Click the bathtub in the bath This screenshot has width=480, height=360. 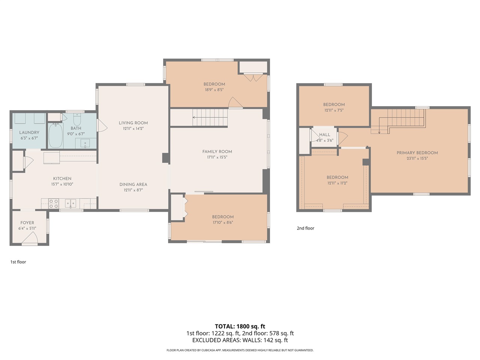tap(56, 135)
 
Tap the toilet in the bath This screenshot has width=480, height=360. tap(77, 119)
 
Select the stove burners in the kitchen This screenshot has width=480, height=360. tap(53, 204)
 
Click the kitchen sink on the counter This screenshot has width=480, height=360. tap(70, 204)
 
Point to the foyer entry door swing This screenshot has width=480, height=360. tap(30, 238)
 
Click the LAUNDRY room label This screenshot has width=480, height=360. tap(29, 132)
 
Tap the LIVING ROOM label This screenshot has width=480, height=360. tap(133, 123)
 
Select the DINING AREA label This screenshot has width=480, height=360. tap(133, 184)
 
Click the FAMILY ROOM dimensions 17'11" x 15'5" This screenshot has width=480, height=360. tap(217, 157)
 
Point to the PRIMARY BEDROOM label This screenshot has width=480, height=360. tap(417, 153)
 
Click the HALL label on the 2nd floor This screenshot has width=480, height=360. tap(324, 135)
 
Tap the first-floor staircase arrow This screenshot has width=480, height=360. tap(210, 117)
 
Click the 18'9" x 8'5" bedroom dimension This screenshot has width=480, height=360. tap(214, 90)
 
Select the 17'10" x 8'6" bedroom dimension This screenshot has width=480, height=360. tap(223, 222)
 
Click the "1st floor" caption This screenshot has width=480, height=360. tap(18, 262)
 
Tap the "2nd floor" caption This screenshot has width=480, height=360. tap(305, 228)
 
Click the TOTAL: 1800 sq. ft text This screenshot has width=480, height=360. tap(240, 326)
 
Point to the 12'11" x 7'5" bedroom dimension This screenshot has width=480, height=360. tap(334, 110)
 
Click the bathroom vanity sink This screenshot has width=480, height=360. tap(85, 144)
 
